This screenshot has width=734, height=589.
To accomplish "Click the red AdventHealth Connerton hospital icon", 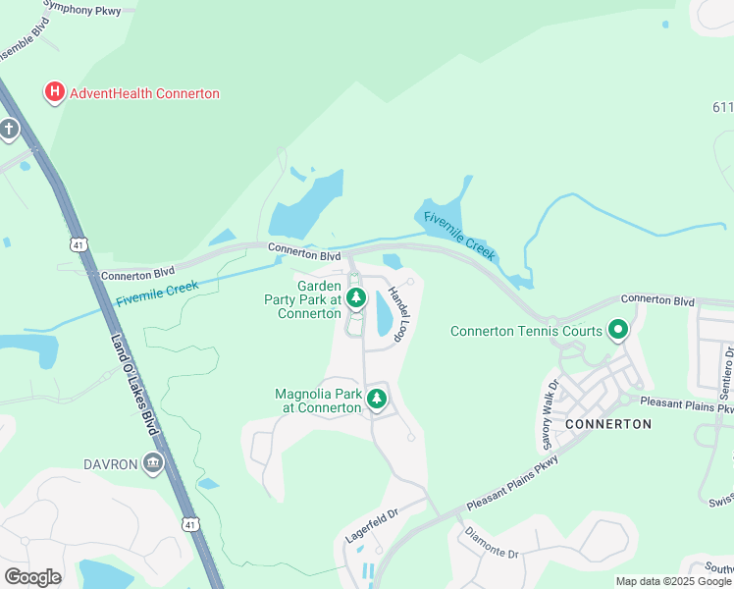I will click(54, 93).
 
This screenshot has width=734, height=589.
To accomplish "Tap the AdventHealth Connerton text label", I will click(143, 94).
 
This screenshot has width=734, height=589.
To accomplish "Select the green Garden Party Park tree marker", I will click(355, 295).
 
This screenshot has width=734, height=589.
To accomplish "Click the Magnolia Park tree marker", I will click(375, 398).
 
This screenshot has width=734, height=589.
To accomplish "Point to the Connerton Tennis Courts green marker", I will click(617, 330).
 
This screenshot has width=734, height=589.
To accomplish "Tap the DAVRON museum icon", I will click(151, 463).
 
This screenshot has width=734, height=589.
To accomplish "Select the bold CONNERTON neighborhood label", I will click(608, 424).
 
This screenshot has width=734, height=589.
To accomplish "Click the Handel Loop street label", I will click(397, 313).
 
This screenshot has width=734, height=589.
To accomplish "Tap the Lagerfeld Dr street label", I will click(372, 527).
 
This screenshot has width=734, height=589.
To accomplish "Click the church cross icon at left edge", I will click(9, 129).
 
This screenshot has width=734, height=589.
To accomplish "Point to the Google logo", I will click(32, 577).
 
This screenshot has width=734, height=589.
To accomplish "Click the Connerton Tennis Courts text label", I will click(526, 331).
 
